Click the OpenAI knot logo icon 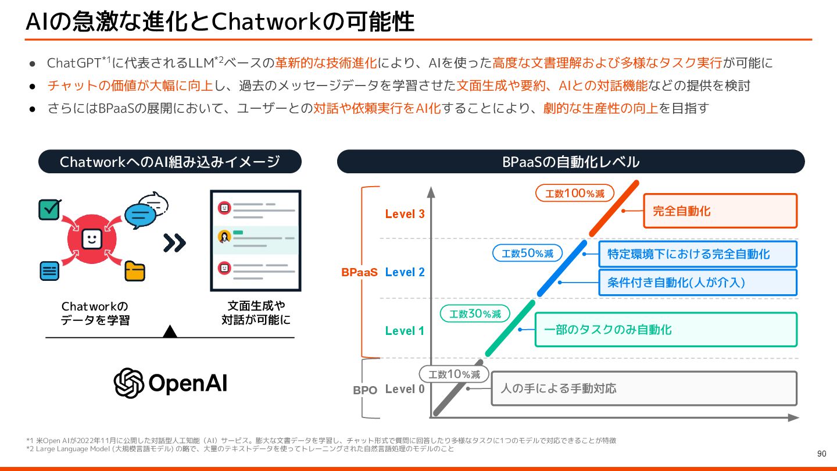pos(128,383)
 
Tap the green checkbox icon pos(49,209)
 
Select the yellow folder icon pos(135,272)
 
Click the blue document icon pos(49,270)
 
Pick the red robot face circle pos(91,239)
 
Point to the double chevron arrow pos(174,242)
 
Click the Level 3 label pos(405,214)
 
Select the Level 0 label pos(405,389)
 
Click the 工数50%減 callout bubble pos(527,253)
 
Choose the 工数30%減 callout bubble pos(475,314)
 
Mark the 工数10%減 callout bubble pos(454,374)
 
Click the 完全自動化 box pos(720,211)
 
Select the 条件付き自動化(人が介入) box pos(697,283)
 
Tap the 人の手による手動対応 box pos(644,388)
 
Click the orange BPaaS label pos(359,272)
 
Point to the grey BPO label pos(365,390)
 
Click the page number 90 pos(821,454)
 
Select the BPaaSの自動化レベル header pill pos(571,162)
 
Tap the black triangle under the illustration pos(170,331)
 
